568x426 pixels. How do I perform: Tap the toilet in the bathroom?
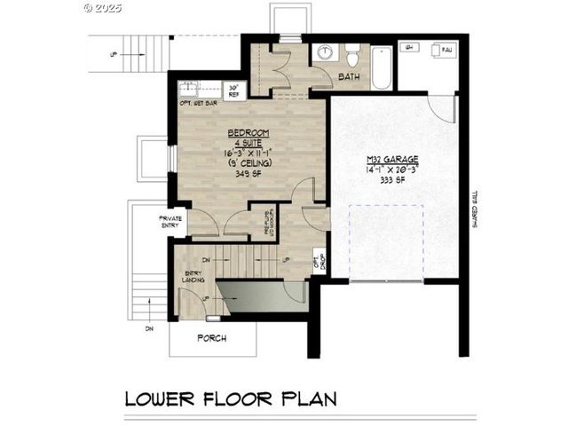click(x=352, y=55)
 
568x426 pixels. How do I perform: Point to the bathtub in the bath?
click(x=382, y=67)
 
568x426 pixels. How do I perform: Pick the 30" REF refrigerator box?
click(x=233, y=90)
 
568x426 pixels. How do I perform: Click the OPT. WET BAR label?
click(x=200, y=103)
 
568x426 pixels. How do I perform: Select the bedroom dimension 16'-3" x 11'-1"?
click(x=240, y=153)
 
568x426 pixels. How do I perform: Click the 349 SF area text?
click(x=240, y=174)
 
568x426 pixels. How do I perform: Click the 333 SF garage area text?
click(x=391, y=178)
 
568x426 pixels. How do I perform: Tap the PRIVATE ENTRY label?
click(x=170, y=221)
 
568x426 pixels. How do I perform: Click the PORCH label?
click(x=211, y=338)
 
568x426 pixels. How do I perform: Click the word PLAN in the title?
click(x=306, y=398)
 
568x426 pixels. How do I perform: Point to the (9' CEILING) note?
click(x=240, y=163)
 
